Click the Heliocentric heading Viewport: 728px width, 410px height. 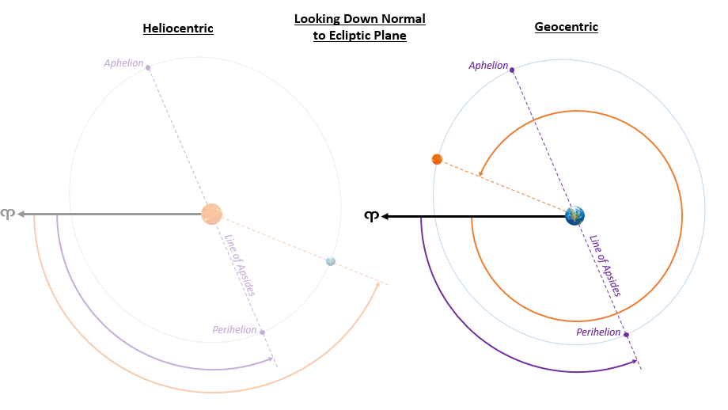point(178,28)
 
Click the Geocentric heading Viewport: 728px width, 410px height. point(566,27)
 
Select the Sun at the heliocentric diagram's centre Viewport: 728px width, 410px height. point(211,214)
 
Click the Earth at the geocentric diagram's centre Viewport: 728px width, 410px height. point(574,214)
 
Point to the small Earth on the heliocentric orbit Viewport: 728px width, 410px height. point(331,261)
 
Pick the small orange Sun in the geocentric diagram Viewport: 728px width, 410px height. point(437,159)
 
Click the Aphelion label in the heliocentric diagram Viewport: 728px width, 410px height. point(123,63)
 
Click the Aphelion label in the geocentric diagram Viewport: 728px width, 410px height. point(488,66)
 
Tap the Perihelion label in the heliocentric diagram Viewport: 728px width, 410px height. point(234,329)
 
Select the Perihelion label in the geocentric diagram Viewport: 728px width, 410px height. point(598,332)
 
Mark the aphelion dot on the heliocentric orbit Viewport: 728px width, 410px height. point(148,68)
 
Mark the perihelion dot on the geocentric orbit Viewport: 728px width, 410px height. point(626,335)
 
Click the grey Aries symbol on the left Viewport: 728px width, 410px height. point(7,214)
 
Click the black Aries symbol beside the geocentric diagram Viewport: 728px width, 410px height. point(370,215)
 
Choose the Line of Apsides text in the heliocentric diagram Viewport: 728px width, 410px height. point(239,266)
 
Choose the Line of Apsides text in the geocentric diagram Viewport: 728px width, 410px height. point(605,266)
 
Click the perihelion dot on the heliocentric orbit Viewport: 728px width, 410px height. point(262,332)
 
